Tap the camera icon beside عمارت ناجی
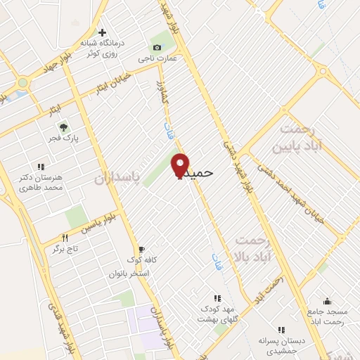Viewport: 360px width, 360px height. click(x=157, y=47)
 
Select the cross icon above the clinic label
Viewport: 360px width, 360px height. click(x=103, y=32)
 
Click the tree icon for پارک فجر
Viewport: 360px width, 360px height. click(x=63, y=127)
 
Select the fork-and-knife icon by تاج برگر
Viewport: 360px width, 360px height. click(x=65, y=238)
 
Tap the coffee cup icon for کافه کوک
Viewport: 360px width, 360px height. click(x=141, y=249)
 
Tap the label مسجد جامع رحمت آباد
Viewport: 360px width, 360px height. click(x=326, y=316)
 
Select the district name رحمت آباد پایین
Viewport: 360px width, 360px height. click(x=304, y=137)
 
